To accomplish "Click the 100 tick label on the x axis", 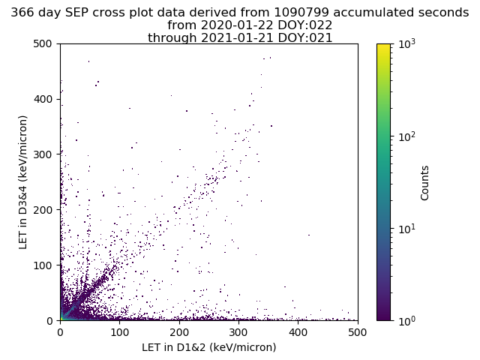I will tap(119, 331).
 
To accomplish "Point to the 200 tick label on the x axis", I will tap(179, 331).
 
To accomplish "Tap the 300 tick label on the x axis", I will tap(238, 331).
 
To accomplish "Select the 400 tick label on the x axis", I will tap(298, 331).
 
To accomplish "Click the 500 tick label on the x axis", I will tap(357, 331).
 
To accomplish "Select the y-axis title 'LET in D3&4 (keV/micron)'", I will tap(23, 182).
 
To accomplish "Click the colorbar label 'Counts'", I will tap(425, 182).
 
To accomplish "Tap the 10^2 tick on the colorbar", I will tap(406, 136).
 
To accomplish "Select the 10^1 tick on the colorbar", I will tap(406, 228).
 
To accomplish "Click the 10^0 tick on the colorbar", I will tap(406, 320).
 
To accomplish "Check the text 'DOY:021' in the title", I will tap(307, 37).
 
